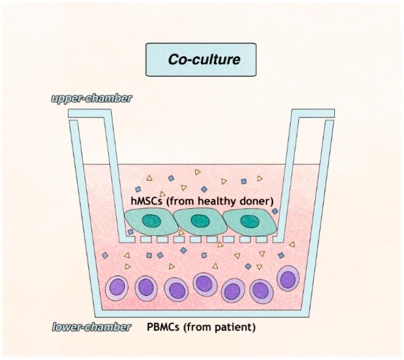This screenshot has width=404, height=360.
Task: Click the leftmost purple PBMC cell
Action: tap(117, 288)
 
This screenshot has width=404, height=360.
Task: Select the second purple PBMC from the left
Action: tap(145, 288)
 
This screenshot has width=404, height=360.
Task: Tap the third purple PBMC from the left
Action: tap(176, 289)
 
